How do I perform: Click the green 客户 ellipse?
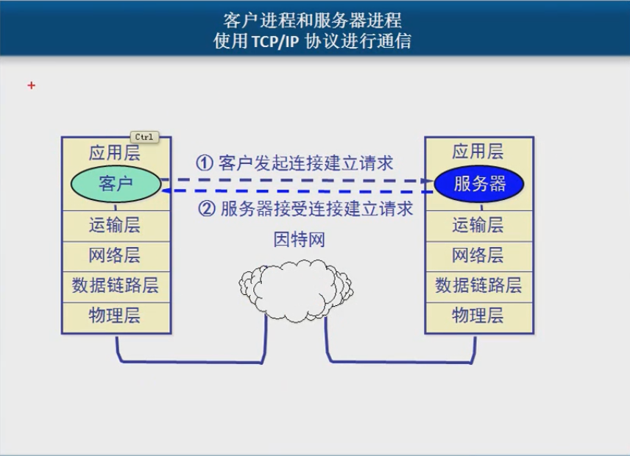point(116,184)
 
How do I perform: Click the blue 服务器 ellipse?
point(479,184)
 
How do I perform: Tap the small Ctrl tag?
point(144,137)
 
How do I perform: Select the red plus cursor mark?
point(31,85)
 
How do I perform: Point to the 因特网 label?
point(299,240)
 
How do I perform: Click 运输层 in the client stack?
point(115,225)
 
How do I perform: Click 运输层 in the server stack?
point(478,225)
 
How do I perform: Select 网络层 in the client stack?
point(115,256)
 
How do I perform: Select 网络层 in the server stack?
point(478,256)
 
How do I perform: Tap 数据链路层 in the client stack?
point(115,285)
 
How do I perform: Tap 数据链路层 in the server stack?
point(478,285)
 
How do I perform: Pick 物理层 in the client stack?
point(115,316)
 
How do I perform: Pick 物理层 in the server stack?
point(478,316)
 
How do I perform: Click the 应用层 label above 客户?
point(115,153)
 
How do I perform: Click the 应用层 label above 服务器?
point(478,152)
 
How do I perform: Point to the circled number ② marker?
point(208,209)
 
